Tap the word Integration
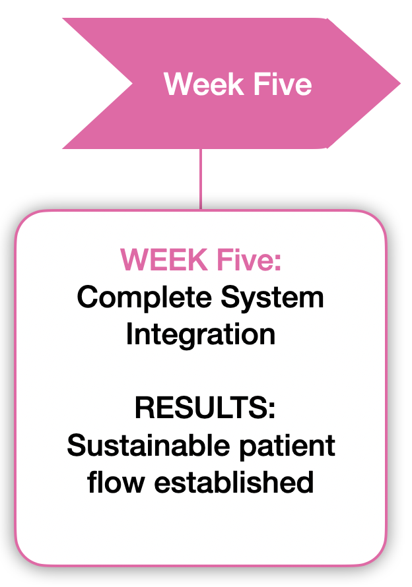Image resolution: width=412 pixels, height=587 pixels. (201, 335)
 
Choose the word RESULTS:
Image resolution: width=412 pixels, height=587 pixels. (205, 408)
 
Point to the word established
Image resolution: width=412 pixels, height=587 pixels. (234, 482)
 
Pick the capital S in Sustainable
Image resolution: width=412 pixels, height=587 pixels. (76, 446)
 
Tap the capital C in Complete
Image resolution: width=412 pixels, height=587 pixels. (86, 297)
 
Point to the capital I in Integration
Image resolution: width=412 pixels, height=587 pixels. (130, 334)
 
